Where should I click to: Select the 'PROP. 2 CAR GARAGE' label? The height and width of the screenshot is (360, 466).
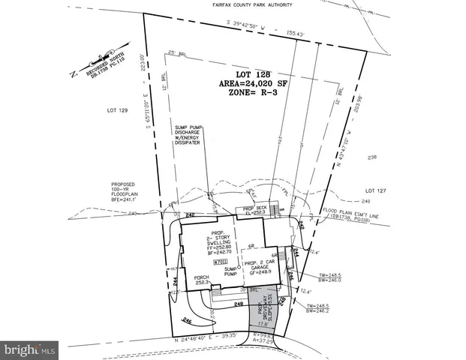click(x=262, y=268)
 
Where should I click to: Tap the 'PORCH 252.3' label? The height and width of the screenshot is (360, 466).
click(x=198, y=282)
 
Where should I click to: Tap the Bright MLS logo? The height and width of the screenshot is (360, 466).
click(x=29, y=349)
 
